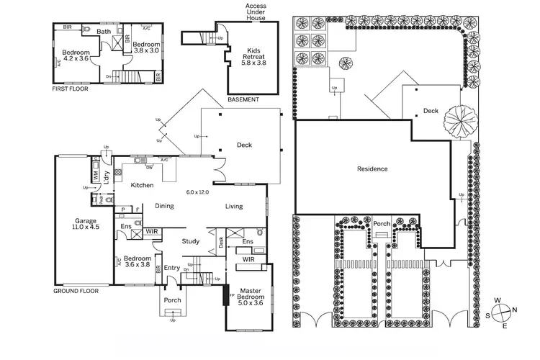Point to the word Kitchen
coord(142,186)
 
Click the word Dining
coord(164,207)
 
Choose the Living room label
coord(233,207)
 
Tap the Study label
coord(190,241)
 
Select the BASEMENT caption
coord(243,99)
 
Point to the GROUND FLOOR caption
coord(76,291)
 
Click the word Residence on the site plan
coord(372,169)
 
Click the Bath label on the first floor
coord(104,32)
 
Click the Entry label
coord(171,268)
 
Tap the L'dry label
coord(106,179)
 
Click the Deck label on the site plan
coord(431,111)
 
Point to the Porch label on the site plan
coord(381,224)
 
